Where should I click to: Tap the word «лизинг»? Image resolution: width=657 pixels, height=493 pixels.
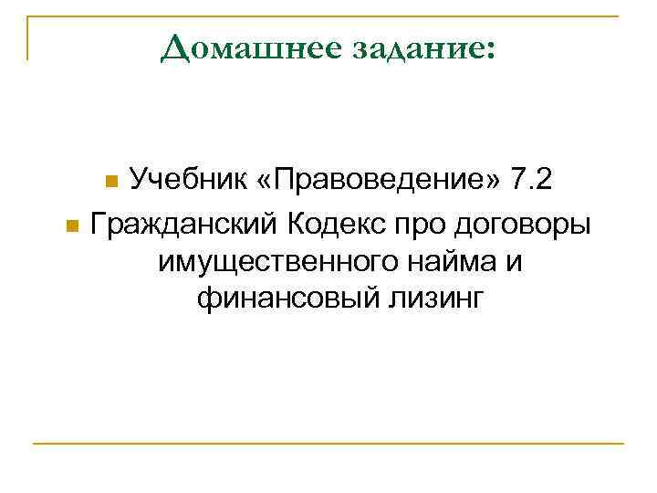tap(436, 299)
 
